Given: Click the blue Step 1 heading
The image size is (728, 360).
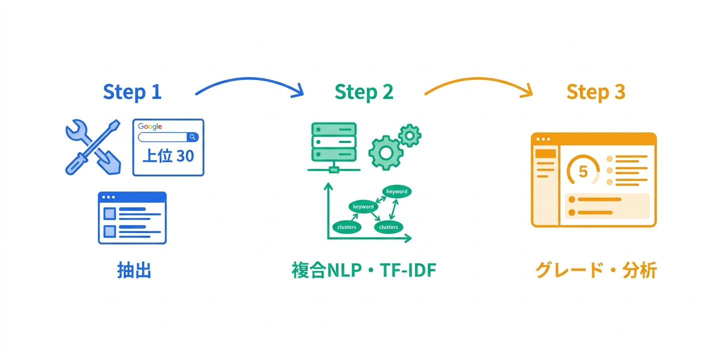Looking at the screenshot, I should (x=132, y=92).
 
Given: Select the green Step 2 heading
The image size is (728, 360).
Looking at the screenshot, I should (x=363, y=92).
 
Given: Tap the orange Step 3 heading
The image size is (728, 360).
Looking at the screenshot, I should (x=595, y=92).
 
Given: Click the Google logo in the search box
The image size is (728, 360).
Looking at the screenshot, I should (x=150, y=126).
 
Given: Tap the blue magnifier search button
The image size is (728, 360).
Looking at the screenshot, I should (x=192, y=137).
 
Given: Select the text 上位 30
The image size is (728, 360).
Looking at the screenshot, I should (x=168, y=156).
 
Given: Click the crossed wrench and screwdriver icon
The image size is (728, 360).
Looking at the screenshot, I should (x=93, y=146).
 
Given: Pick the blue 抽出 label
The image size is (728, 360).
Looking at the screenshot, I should (x=134, y=270).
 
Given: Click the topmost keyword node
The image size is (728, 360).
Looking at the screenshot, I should (x=397, y=191).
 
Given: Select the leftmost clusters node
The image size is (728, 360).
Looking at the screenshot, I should (x=346, y=227).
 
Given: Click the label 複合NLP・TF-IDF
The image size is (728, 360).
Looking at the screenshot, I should (x=363, y=270).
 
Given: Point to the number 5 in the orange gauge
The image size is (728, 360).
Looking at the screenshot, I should (x=583, y=171).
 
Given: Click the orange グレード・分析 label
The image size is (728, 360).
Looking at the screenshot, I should (x=595, y=270).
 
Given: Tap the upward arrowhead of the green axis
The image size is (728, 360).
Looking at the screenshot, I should (x=328, y=186).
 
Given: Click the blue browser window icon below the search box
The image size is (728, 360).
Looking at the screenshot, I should (x=132, y=217).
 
